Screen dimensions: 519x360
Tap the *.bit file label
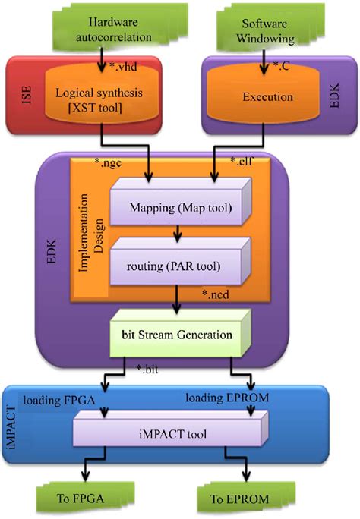coord(149,371)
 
